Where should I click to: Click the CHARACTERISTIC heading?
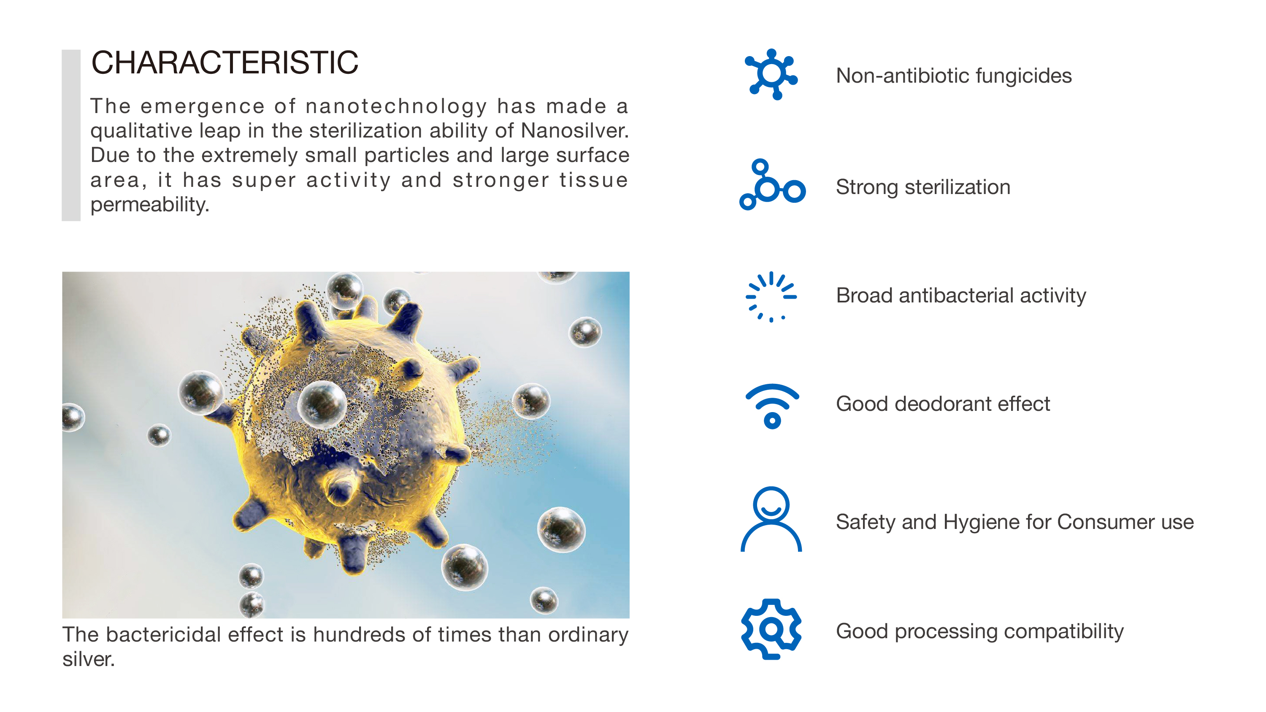coord(225,63)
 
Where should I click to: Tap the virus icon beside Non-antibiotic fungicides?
coord(771,74)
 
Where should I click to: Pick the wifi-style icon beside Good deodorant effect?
coord(772,406)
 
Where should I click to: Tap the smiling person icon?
coord(771,519)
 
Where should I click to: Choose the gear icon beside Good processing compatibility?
coord(771,629)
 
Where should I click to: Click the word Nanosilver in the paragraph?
coord(574,131)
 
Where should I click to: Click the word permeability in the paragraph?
coord(150,205)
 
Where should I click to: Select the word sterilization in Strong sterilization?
coord(958,187)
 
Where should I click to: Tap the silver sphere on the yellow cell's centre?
coord(322,404)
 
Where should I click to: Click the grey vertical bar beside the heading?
coord(71,135)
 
